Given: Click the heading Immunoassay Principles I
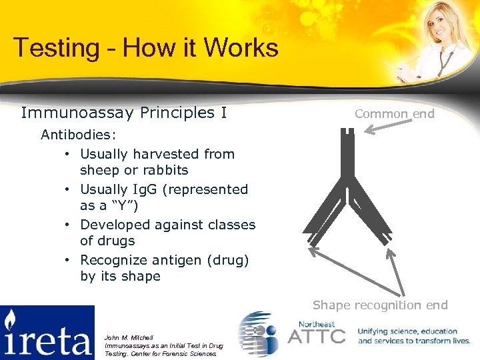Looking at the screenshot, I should point(124,113).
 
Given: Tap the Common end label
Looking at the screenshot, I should point(394,114).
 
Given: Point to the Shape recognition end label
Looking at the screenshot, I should point(380,305).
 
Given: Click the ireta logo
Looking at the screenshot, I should point(47,332).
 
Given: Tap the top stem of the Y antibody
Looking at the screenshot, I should point(347,153).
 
